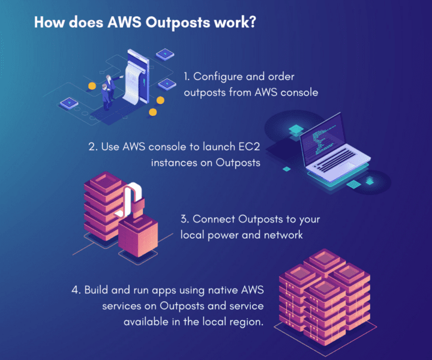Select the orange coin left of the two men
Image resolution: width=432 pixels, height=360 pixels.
[92, 86]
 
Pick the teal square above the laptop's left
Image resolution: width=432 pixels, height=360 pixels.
[296, 129]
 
